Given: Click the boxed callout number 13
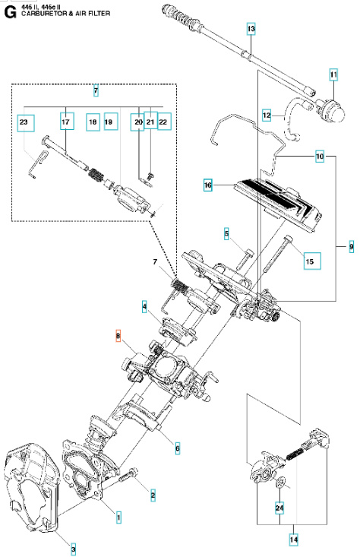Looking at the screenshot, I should pyautogui.click(x=251, y=29).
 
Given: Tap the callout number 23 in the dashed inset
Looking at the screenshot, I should pyautogui.click(x=24, y=122).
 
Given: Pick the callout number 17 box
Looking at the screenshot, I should pyautogui.click(x=65, y=122).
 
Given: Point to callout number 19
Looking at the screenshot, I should pyautogui.click(x=109, y=122).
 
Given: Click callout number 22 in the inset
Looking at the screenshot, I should pyautogui.click(x=164, y=122).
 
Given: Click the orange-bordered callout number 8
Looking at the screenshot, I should pyautogui.click(x=118, y=335).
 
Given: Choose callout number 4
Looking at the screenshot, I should pyautogui.click(x=144, y=306).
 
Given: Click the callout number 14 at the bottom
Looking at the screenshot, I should pyautogui.click(x=294, y=539).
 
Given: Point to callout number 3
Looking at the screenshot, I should pyautogui.click(x=74, y=548).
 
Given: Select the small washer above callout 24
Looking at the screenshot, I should pyautogui.click(x=279, y=483).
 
